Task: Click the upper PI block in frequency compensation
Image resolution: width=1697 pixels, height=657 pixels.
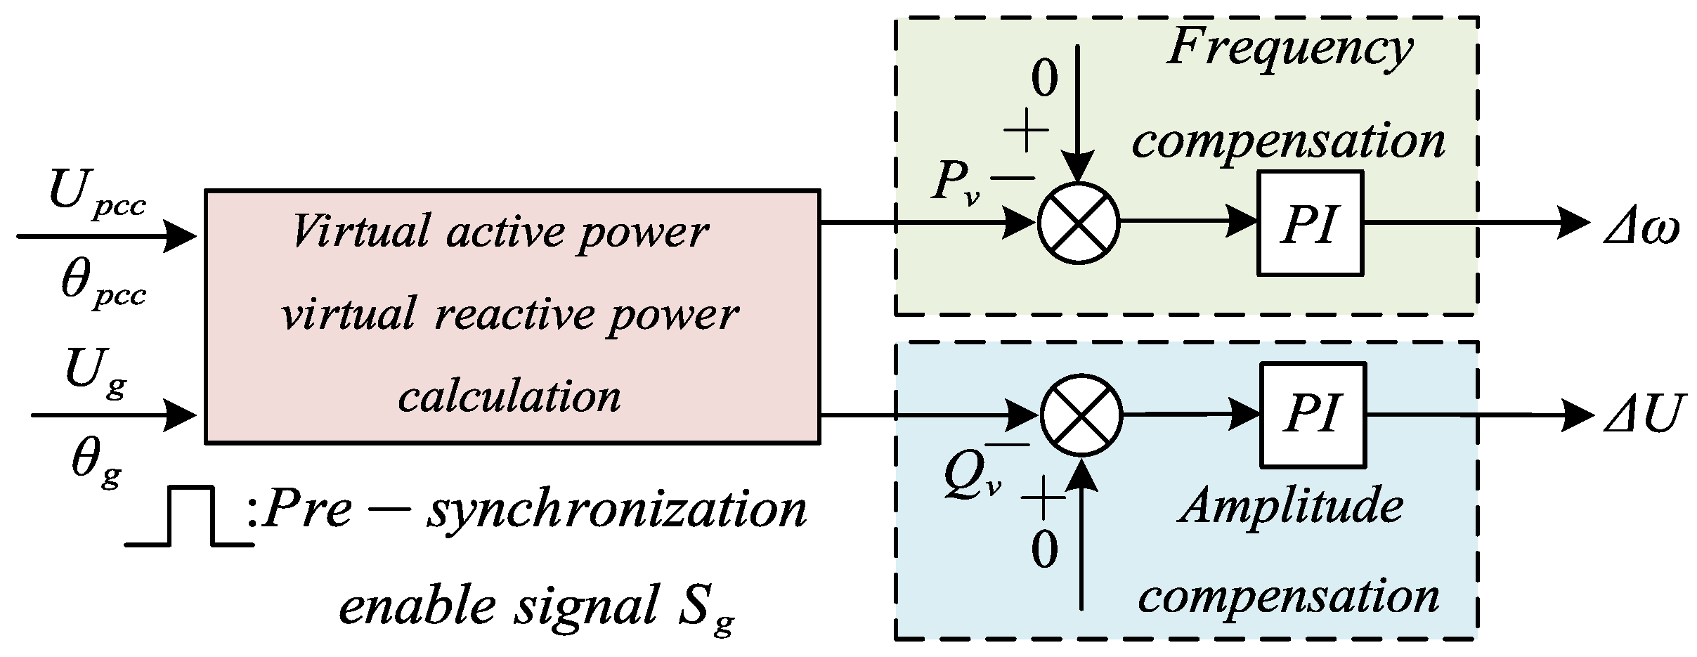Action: tap(1310, 223)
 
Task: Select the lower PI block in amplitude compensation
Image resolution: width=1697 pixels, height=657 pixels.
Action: tap(1313, 415)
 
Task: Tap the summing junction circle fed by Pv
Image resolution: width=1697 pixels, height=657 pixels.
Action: tap(1079, 223)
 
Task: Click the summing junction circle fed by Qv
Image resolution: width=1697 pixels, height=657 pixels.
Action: tap(1081, 415)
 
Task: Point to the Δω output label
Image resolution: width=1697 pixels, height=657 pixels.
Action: tap(1641, 228)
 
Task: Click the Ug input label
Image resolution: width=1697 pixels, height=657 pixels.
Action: tap(96, 373)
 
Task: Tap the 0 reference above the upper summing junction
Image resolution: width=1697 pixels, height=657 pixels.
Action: tap(1044, 79)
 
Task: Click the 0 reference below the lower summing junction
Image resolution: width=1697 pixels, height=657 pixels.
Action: tap(1044, 549)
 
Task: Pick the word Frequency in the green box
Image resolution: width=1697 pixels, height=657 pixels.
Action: tap(1289, 49)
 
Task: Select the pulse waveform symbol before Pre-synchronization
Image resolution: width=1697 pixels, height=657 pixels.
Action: tap(190, 516)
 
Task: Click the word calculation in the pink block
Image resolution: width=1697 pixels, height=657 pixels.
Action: tap(509, 397)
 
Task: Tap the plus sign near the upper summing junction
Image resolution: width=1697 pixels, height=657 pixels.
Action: tap(1026, 130)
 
